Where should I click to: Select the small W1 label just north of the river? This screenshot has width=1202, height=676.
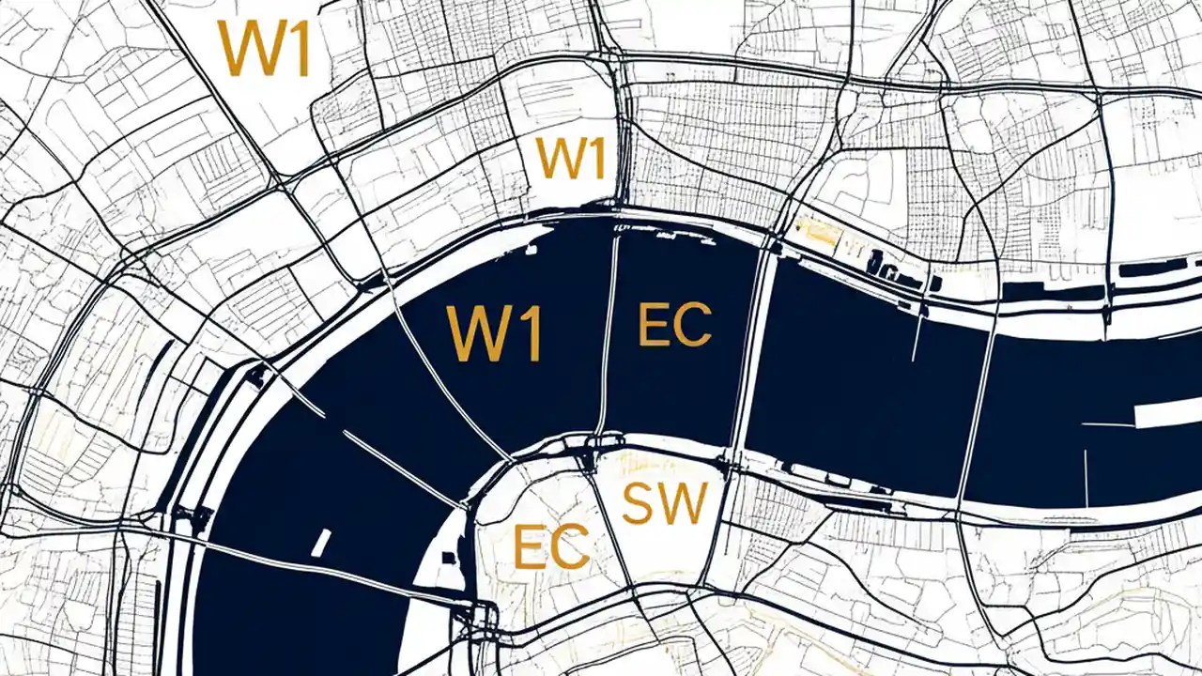tap(570, 158)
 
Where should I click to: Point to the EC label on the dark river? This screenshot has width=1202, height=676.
tap(674, 325)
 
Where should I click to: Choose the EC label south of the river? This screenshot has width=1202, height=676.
tap(551, 546)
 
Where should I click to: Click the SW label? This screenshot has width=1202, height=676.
tap(664, 503)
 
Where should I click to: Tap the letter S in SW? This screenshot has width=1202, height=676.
tap(640, 503)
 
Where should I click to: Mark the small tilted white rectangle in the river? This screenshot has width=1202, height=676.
tap(321, 543)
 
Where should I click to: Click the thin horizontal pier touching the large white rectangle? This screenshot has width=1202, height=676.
tap(1108, 424)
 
